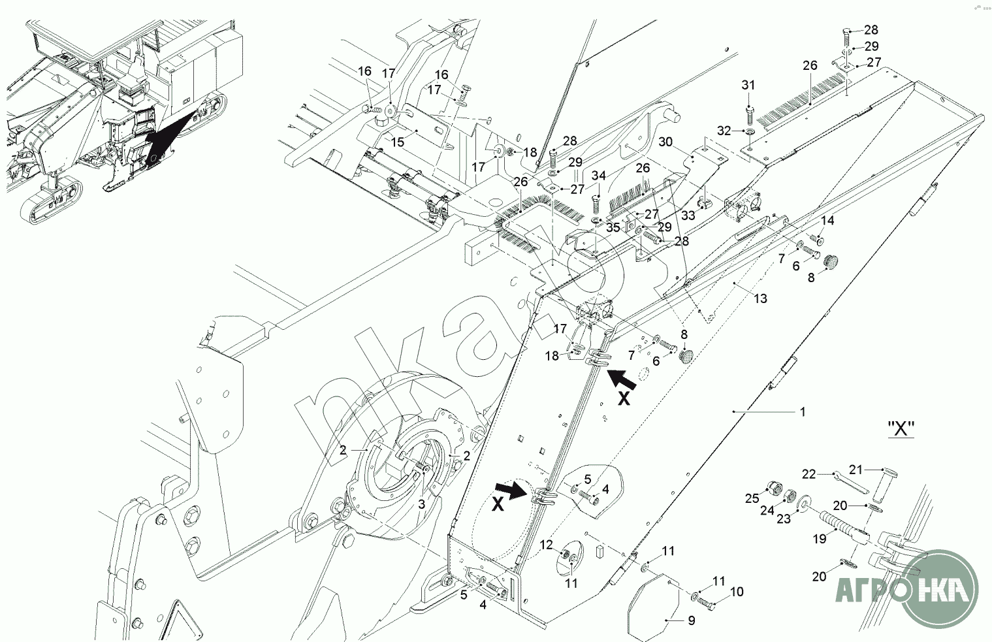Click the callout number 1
(x=803, y=412)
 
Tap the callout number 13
(x=760, y=298)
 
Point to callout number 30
(x=665, y=142)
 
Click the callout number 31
(x=748, y=86)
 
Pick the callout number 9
(x=691, y=620)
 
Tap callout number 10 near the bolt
(x=736, y=592)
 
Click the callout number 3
(x=421, y=504)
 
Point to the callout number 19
(x=819, y=539)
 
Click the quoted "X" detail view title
(x=901, y=429)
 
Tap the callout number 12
(x=546, y=545)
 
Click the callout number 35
(x=613, y=227)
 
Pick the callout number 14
(x=827, y=220)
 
